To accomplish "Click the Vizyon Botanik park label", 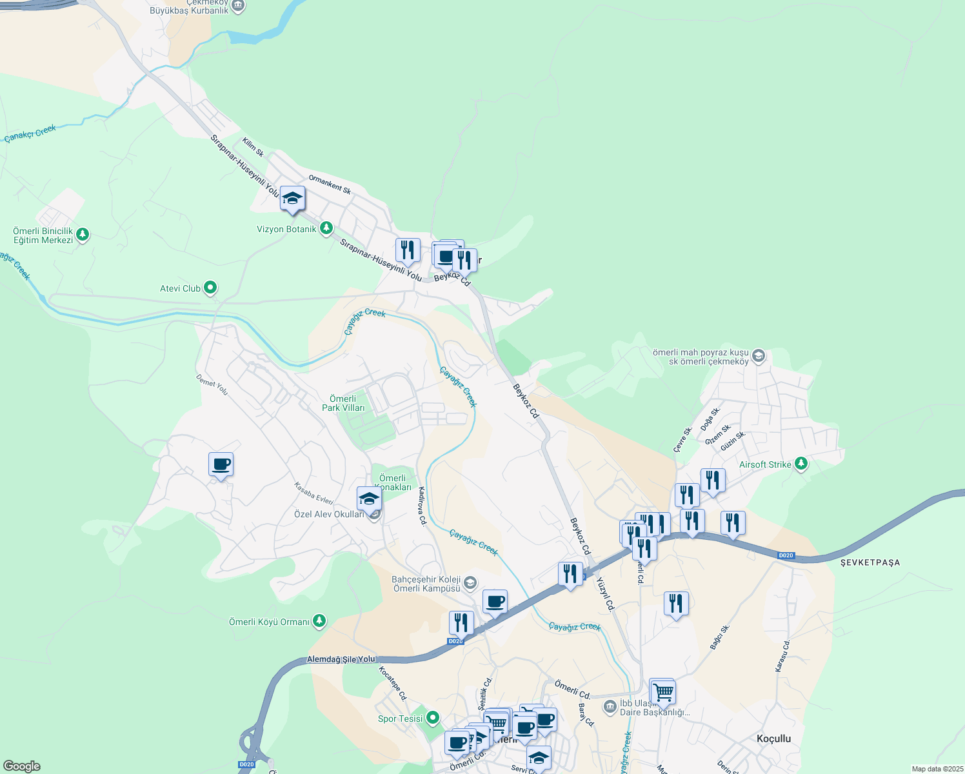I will click(287, 229).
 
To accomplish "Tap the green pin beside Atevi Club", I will click(210, 288).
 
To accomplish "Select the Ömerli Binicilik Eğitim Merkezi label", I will click(43, 235).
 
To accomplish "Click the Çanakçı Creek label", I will click(30, 134).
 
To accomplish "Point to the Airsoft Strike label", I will click(765, 464).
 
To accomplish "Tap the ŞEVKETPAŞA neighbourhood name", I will click(870, 562).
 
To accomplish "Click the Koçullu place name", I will click(773, 739).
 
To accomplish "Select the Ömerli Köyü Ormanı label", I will click(270, 622).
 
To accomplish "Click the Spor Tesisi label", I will click(401, 719).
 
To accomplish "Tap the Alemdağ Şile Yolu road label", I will click(341, 659).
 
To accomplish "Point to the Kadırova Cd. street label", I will click(423, 506).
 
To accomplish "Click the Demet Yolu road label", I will click(212, 385).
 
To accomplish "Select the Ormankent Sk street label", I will click(330, 184).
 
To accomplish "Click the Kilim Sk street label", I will click(253, 147).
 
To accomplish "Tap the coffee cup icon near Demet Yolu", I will click(221, 464).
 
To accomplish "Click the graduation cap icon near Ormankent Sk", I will click(292, 199).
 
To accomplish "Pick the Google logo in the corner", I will click(21, 766).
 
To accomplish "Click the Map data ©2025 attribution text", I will click(937, 769).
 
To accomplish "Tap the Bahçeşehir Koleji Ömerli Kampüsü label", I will click(426, 584).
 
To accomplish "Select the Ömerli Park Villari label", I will click(343, 403).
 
